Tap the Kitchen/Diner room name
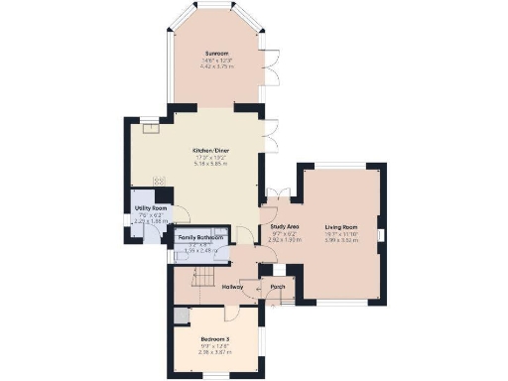click(211, 151)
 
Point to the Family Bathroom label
click(200, 238)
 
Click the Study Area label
click(285, 227)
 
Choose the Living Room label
click(341, 227)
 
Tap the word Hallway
click(235, 287)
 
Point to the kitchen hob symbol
click(157, 181)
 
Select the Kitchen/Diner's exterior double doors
click(267, 136)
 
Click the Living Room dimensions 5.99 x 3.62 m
click(341, 241)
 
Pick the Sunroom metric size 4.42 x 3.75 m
click(216, 67)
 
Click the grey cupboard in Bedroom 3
click(181, 317)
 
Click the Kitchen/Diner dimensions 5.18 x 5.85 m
click(211, 166)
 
